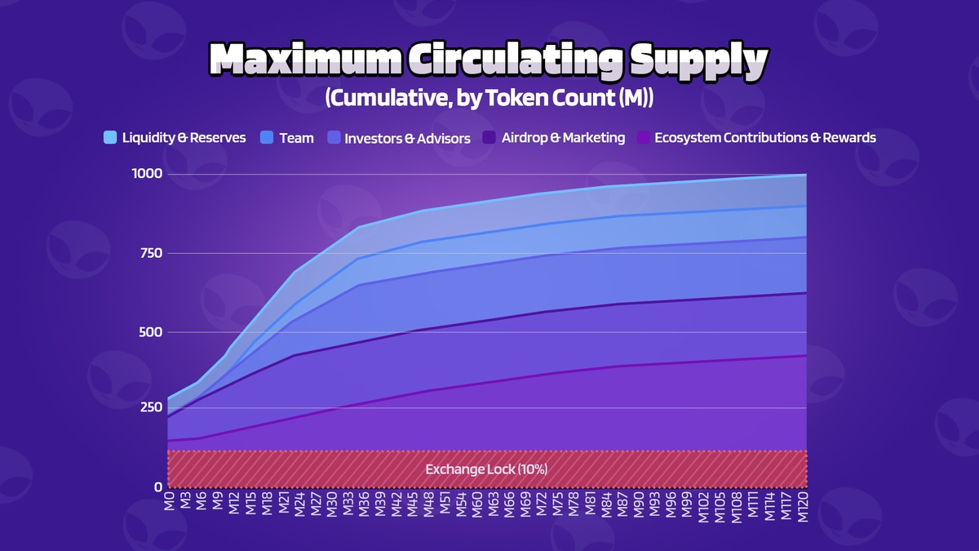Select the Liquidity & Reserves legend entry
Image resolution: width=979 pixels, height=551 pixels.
(x=184, y=138)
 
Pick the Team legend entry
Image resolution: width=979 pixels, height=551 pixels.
(x=296, y=138)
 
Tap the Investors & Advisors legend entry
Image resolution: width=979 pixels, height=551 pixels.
(x=407, y=138)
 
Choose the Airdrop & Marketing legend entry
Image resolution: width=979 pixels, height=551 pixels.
(x=564, y=138)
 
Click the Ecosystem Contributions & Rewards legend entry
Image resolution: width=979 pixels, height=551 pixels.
(x=765, y=138)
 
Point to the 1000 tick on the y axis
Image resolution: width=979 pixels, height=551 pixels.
(x=147, y=174)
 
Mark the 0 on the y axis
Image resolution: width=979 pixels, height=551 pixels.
(x=158, y=487)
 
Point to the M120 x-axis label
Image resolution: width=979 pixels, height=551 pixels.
(x=805, y=509)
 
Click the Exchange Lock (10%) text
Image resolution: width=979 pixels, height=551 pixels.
(x=486, y=469)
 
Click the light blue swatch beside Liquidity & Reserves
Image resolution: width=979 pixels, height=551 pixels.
(x=112, y=137)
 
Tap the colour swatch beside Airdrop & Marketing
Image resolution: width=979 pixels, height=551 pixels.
(x=489, y=137)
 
